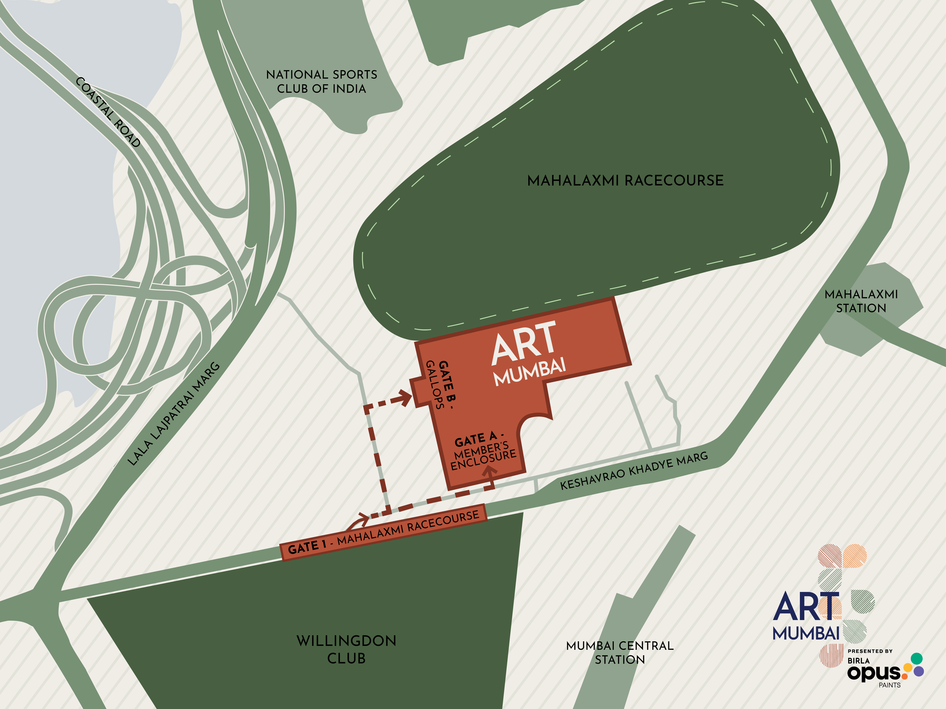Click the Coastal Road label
108,112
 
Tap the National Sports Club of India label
322,82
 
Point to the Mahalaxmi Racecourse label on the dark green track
625,180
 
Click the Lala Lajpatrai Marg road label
174,414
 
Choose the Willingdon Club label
346,649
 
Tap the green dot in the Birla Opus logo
917,658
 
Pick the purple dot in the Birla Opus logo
918,671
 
